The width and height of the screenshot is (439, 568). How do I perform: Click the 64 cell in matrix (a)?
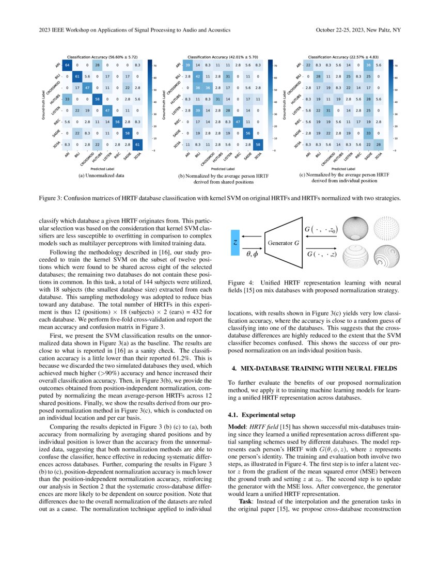point(67,66)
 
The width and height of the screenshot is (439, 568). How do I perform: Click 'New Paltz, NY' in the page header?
point(383,30)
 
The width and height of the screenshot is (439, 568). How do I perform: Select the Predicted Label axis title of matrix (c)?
point(342,168)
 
